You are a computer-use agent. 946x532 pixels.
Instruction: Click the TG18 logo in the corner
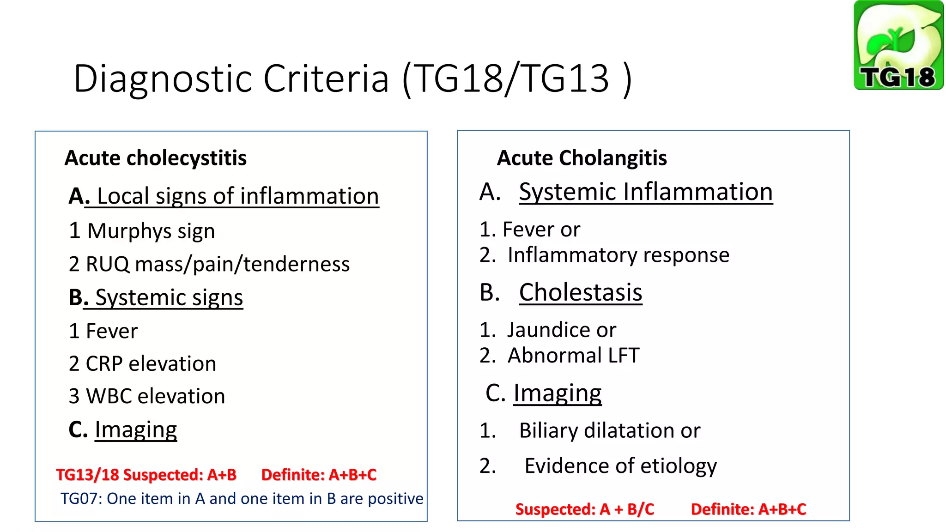(x=898, y=45)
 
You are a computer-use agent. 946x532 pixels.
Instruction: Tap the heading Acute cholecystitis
(x=155, y=158)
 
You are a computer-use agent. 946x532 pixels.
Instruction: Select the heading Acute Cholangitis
(x=582, y=158)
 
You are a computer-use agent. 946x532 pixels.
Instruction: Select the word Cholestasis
(x=580, y=293)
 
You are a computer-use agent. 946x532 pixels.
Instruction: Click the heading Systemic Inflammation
(x=645, y=192)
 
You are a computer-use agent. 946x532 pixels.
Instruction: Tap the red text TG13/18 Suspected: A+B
(x=146, y=475)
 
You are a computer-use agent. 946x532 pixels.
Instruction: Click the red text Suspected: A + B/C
(x=584, y=509)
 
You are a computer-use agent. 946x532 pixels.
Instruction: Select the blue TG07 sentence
(x=242, y=499)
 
